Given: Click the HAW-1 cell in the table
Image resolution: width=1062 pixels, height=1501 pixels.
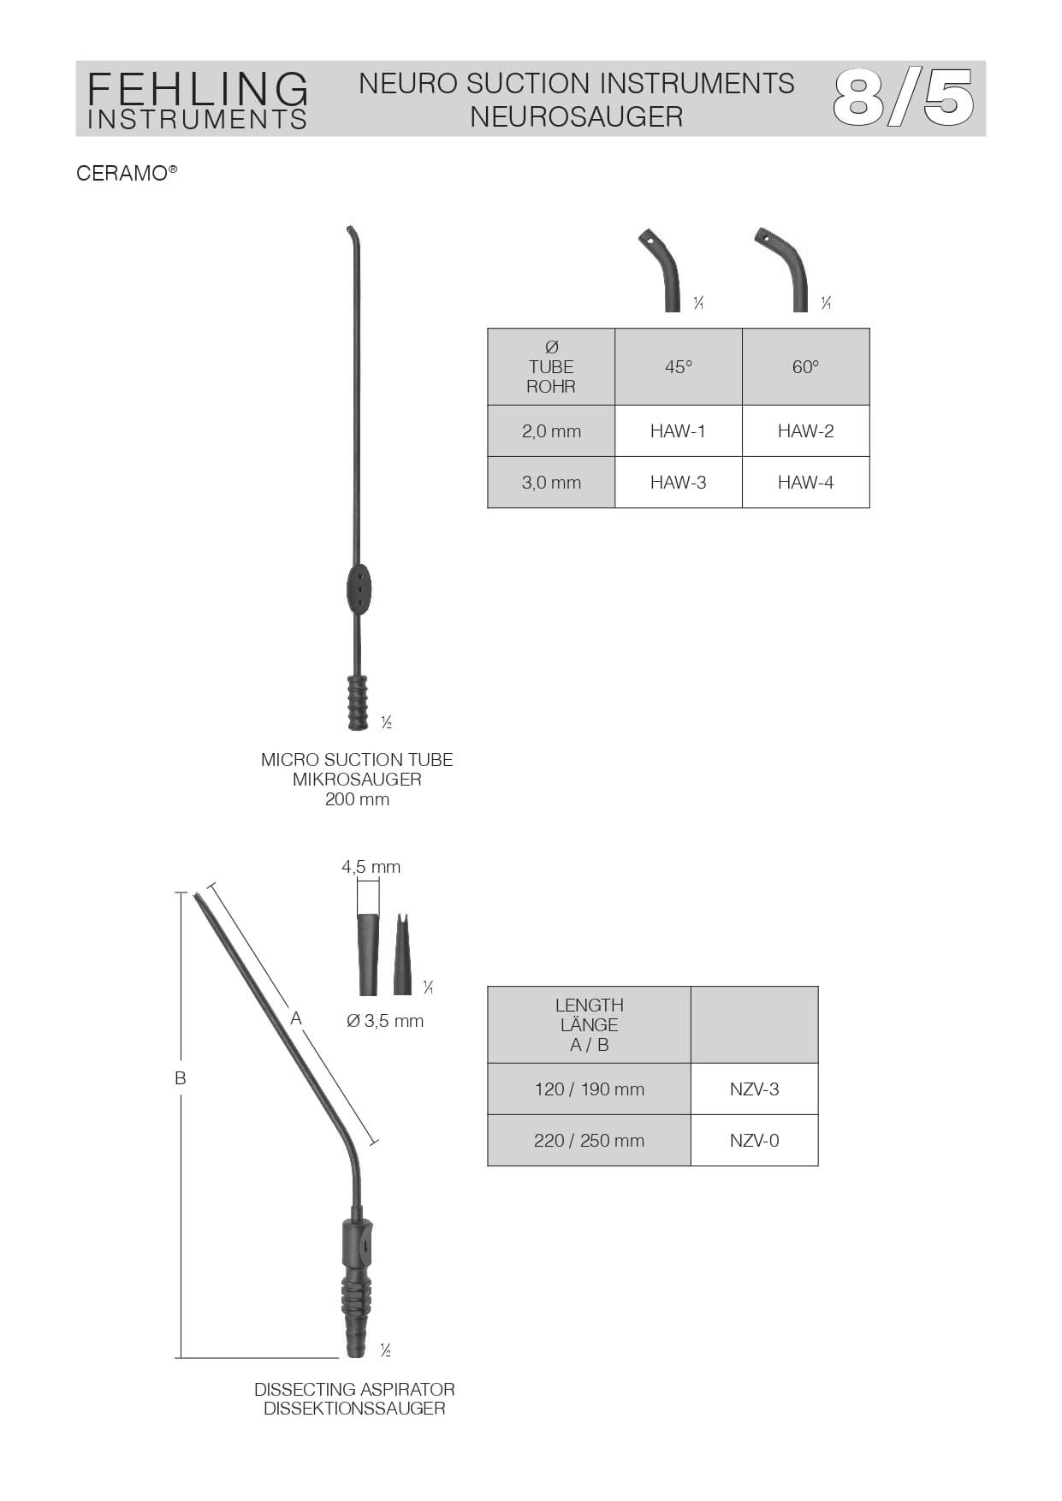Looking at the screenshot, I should click(678, 431).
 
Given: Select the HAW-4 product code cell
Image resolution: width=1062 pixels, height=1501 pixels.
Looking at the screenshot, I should click(805, 483).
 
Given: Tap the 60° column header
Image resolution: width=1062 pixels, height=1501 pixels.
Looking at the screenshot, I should click(805, 367).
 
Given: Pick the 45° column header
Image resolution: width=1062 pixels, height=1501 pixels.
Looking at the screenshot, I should click(678, 367).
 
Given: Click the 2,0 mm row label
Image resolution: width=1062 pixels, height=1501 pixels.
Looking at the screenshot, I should click(551, 431).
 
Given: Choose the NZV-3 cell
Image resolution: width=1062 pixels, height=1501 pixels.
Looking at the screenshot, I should click(754, 1089).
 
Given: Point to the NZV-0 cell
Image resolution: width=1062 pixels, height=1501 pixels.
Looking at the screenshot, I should click(754, 1141).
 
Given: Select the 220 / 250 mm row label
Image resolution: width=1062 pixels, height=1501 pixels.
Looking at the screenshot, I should click(589, 1141).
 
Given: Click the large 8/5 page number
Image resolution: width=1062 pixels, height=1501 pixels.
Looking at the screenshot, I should click(903, 98).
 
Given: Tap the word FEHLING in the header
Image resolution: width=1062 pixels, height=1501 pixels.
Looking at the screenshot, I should click(198, 88).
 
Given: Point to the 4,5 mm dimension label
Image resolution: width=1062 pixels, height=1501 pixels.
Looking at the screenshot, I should click(371, 867).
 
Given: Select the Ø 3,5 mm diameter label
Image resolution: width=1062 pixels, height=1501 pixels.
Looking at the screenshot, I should click(385, 1021).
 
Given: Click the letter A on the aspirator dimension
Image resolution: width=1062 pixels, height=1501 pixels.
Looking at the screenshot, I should click(296, 1018).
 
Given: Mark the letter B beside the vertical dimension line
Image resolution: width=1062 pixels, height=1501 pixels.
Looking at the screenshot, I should click(180, 1078).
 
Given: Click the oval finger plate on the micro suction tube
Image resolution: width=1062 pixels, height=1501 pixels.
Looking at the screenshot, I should click(359, 589).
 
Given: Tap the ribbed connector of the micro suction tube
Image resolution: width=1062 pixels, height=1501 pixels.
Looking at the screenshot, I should click(358, 703).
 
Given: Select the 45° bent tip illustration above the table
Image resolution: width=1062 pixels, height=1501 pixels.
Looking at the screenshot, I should click(662, 270).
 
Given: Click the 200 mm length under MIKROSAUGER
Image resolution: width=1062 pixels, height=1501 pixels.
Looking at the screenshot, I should click(357, 799).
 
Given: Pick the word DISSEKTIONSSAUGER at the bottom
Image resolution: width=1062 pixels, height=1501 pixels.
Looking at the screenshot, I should click(354, 1409).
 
